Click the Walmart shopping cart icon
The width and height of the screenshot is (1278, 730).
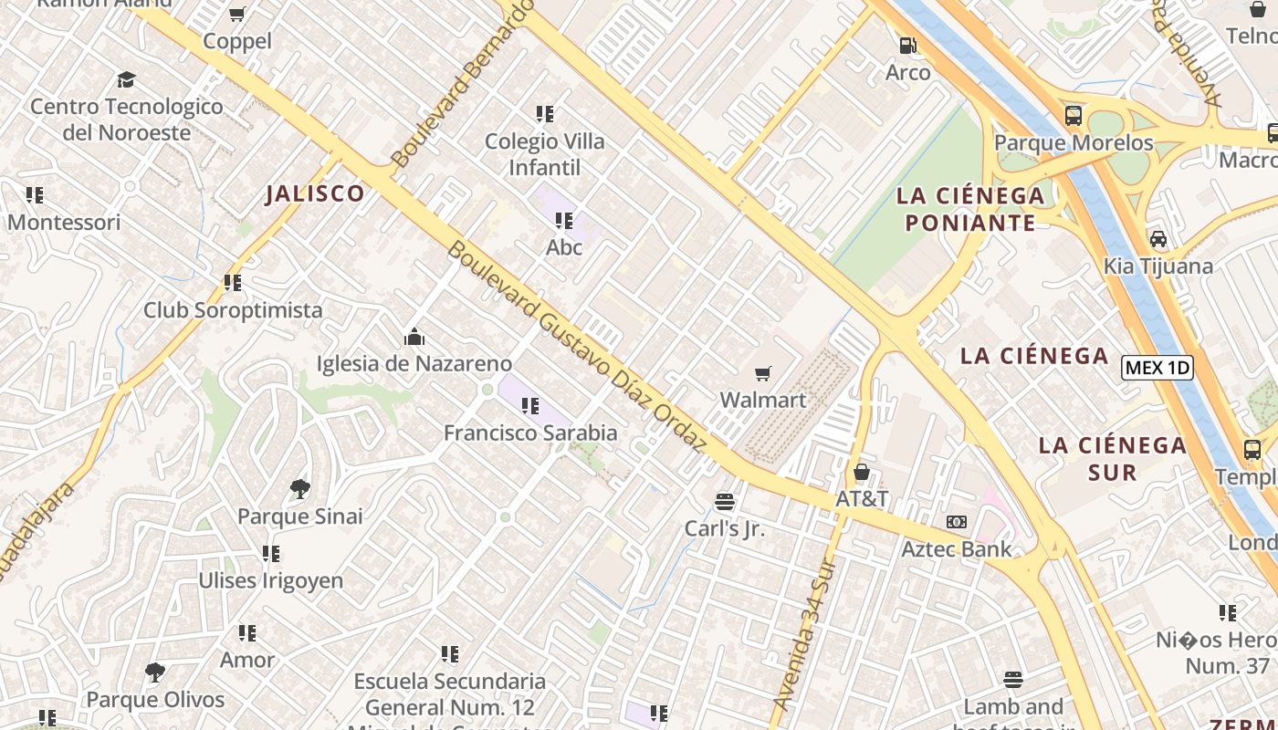pos(763,373)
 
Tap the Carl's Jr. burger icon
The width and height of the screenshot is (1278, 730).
pos(725,501)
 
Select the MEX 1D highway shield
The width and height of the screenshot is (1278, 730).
pos(1158,368)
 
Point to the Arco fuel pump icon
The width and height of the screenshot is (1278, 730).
pos(907,46)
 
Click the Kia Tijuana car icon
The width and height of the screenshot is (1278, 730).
pos(1158,239)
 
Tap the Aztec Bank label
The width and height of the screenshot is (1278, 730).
pos(957,548)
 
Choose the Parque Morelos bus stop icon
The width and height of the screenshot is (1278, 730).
pos(1074,116)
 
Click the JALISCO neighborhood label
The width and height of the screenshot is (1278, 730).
pos(315,193)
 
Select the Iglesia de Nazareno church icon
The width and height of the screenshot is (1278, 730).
pos(414,337)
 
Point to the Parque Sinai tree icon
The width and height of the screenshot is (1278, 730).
pos(299,489)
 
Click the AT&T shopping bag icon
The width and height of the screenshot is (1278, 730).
pos(861,472)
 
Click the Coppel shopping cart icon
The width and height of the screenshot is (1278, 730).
pos(237,14)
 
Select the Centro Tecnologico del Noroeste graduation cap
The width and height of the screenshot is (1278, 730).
pos(127,79)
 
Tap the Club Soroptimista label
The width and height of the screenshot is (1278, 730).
pos(233,310)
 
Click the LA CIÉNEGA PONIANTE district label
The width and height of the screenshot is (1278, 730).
pos(970,209)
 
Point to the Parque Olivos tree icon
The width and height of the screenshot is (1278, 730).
pos(155,673)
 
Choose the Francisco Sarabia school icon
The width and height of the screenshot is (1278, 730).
pos(530,406)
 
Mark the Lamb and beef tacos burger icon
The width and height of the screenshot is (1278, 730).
pos(1013,680)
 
